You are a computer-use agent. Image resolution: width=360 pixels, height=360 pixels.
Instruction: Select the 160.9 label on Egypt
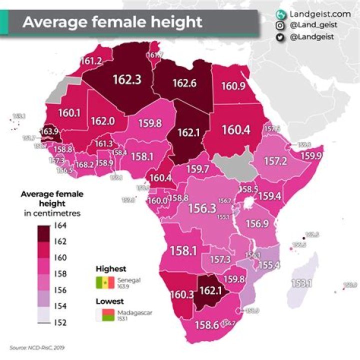click(x=233, y=86)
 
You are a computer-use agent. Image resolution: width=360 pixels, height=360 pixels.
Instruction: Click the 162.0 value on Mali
click(x=103, y=121)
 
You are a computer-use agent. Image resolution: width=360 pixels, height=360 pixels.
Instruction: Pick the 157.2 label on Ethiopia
click(x=275, y=161)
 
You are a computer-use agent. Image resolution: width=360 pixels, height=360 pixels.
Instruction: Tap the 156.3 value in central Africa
click(x=201, y=208)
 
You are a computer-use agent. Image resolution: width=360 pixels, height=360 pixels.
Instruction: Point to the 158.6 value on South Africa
click(x=206, y=325)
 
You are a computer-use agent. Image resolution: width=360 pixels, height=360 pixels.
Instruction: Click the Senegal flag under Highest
click(x=106, y=283)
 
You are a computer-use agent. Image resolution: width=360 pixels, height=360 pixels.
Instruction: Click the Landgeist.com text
click(x=313, y=14)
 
